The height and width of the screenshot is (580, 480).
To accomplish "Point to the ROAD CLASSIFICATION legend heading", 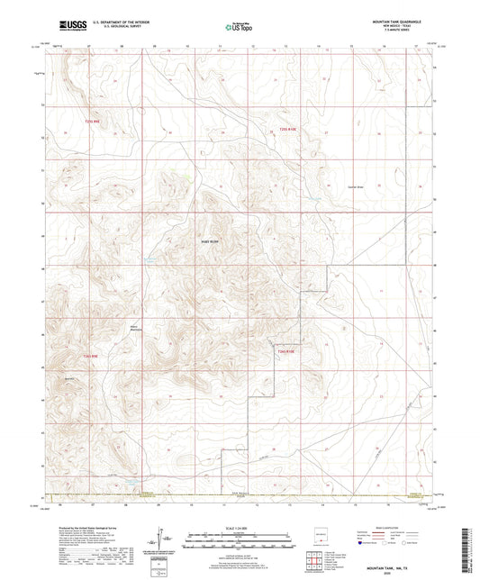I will pyautogui.click(x=391, y=529).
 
